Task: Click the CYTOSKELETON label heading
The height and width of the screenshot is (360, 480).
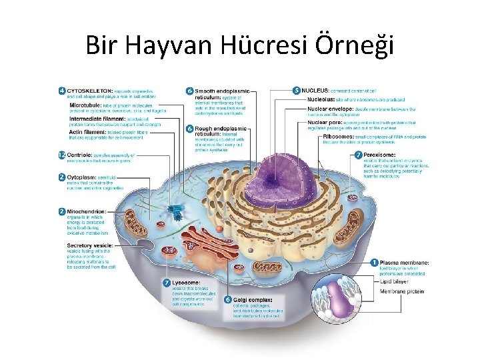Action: click(90, 90)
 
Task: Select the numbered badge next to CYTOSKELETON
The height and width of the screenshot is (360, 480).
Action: click(61, 90)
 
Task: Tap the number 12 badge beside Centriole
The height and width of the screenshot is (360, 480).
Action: click(61, 155)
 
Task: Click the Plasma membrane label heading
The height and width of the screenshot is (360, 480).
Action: click(404, 263)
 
